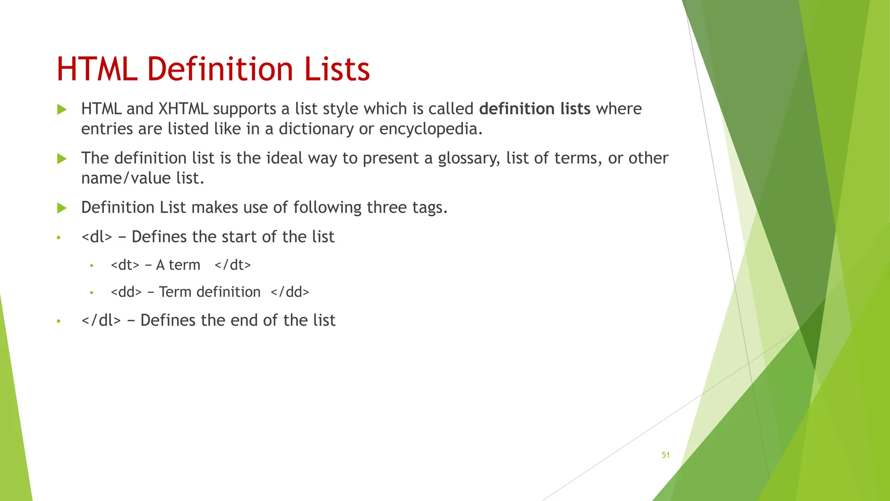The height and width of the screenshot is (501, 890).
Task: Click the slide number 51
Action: point(665,455)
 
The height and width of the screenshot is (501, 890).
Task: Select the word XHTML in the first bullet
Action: point(183,109)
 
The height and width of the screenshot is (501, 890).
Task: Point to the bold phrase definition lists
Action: point(535,109)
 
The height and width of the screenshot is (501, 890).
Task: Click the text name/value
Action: point(126,178)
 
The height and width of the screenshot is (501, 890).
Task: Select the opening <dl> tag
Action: point(96,237)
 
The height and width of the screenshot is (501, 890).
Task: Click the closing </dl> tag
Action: point(101,321)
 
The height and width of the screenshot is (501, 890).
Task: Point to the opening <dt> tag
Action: point(125,265)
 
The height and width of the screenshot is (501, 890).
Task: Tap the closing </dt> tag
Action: point(232,265)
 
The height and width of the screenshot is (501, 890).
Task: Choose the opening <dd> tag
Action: point(126,292)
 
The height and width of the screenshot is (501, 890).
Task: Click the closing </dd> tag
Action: point(289,292)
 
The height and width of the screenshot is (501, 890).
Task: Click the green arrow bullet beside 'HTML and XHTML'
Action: point(62,109)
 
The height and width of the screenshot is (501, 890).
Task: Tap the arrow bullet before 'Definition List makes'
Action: point(62,208)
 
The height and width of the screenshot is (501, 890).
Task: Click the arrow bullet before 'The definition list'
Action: point(62,159)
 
